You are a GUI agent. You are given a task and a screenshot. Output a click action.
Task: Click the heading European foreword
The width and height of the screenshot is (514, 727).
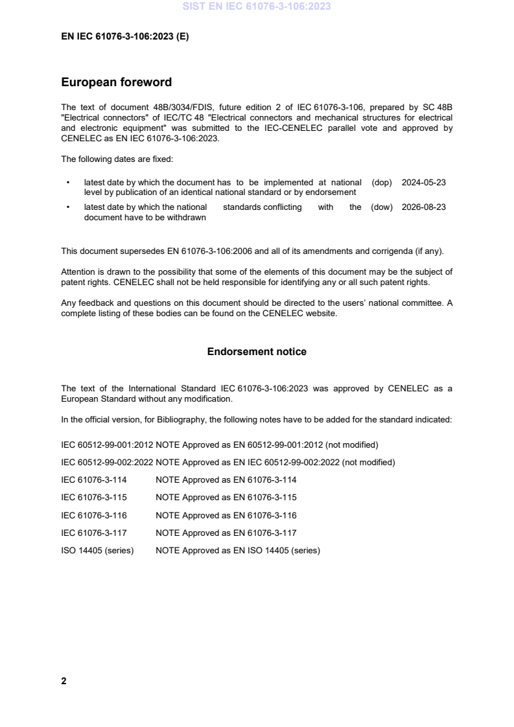click(x=116, y=82)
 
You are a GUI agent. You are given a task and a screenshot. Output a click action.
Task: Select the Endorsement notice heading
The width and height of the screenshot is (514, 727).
click(x=257, y=352)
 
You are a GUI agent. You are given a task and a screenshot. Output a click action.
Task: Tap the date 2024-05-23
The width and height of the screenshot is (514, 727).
click(x=424, y=183)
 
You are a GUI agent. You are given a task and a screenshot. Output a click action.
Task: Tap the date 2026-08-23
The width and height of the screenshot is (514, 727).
click(x=424, y=207)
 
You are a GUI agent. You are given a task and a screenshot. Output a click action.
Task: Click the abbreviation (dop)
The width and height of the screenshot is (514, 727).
click(x=382, y=183)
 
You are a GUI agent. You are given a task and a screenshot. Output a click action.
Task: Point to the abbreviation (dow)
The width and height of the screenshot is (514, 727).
click(x=382, y=207)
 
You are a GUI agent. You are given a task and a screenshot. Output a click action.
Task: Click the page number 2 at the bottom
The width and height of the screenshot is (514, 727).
click(x=64, y=681)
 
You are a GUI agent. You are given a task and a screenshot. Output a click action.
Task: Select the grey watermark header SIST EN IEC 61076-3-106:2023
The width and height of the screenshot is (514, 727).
click(x=257, y=6)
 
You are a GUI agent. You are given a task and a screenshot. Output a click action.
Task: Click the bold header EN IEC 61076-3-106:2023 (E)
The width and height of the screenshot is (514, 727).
click(x=124, y=36)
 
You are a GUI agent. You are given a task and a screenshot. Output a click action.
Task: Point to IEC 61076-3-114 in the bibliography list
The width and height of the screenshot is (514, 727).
click(x=94, y=480)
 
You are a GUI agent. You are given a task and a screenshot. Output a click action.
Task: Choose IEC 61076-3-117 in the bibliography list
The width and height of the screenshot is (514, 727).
click(x=94, y=533)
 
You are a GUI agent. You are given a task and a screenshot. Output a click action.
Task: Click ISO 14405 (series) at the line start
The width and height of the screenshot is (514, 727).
click(x=97, y=551)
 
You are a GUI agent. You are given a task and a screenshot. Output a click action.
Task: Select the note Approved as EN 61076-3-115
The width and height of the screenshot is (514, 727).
click(x=226, y=498)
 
